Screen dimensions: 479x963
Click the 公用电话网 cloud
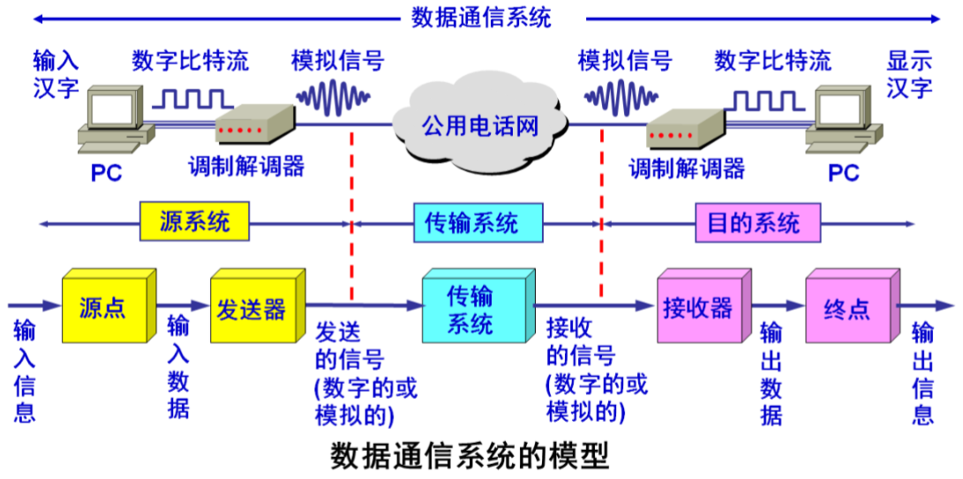[478, 124]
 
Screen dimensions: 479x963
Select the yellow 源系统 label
[195, 221]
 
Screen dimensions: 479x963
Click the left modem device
[254, 125]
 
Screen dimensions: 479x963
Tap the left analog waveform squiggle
[334, 95]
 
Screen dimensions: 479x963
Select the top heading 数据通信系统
[481, 17]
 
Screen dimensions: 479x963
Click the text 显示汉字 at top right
[910, 74]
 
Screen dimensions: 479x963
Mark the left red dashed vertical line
[352, 216]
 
